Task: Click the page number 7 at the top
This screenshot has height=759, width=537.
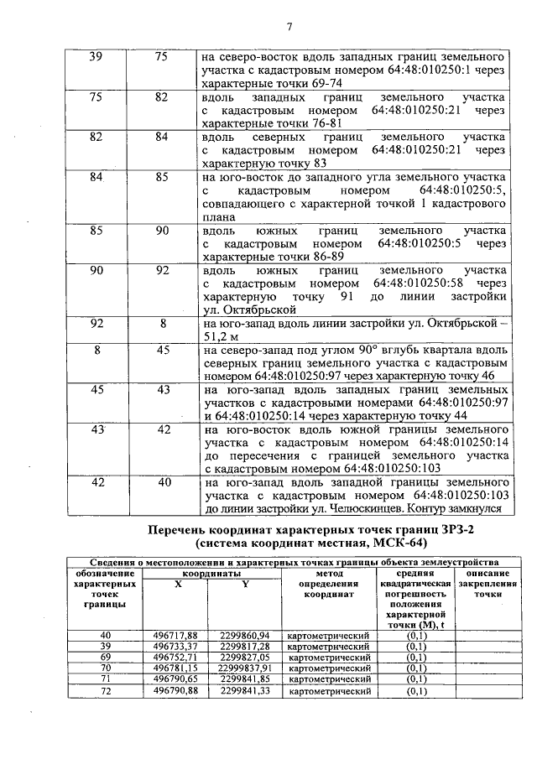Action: click(289, 26)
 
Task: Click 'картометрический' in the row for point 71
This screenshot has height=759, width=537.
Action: click(329, 679)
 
